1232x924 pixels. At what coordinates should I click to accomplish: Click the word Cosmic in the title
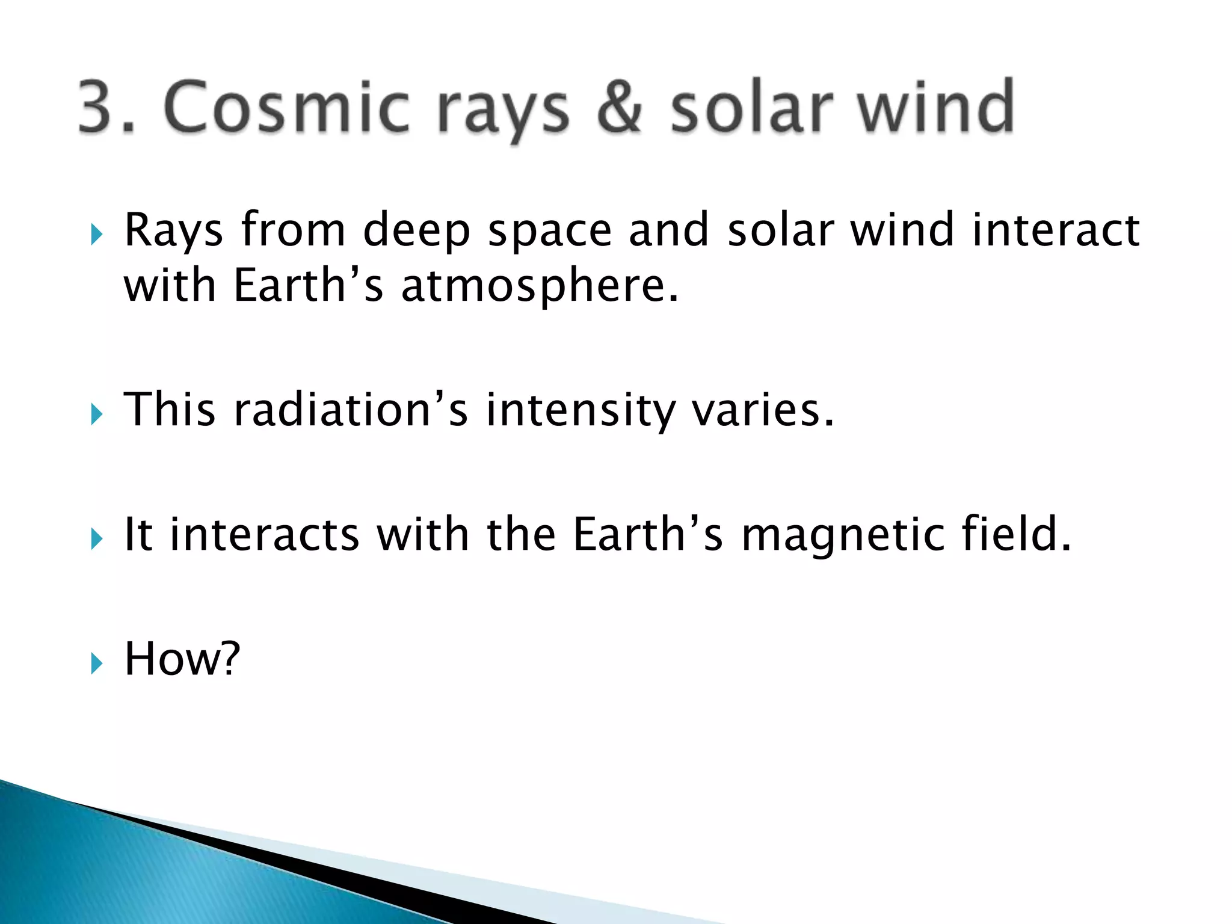[286, 107]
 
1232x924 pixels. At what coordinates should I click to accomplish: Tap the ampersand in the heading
[619, 107]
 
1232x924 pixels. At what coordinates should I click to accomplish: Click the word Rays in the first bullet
[173, 232]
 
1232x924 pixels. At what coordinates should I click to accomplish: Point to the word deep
[416, 232]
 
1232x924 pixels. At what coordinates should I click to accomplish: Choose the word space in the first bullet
[549, 232]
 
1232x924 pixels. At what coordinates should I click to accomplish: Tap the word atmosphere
[540, 286]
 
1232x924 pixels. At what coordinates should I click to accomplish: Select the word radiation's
[351, 410]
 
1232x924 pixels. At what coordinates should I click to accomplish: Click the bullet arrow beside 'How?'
[97, 664]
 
